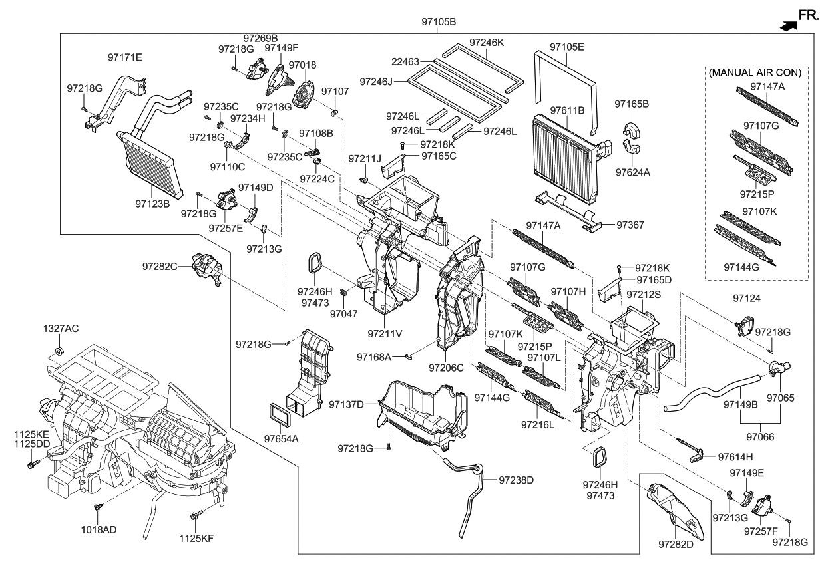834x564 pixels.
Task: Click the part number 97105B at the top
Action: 439,22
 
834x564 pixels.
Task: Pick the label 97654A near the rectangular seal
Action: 280,439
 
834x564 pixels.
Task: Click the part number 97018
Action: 303,65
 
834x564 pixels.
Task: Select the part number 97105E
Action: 566,47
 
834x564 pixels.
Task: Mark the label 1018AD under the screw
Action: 98,529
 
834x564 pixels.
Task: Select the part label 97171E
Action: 125,57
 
